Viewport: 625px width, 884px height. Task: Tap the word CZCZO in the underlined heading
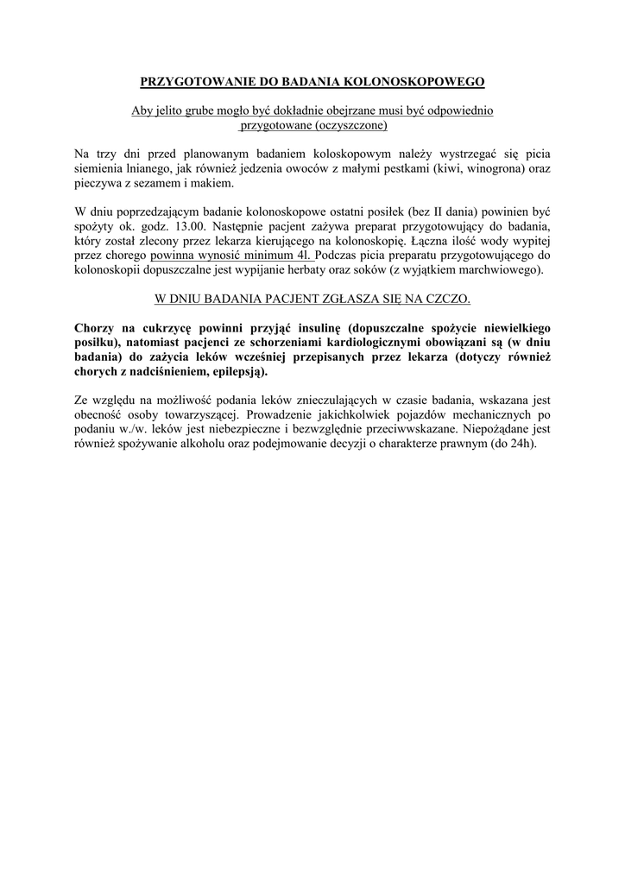(x=450, y=299)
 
